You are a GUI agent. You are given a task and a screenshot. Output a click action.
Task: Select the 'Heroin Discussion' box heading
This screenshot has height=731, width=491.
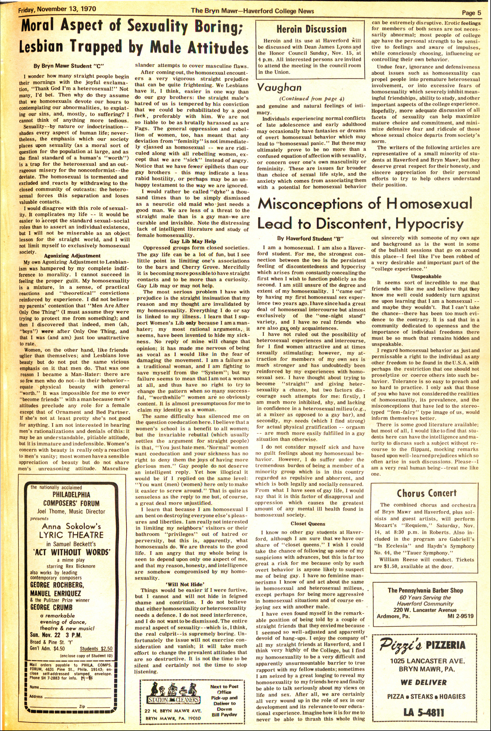[311, 29]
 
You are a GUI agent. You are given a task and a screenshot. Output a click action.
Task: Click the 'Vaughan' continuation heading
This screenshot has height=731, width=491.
[279, 88]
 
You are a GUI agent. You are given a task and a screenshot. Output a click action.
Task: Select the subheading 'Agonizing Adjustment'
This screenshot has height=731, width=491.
[72, 256]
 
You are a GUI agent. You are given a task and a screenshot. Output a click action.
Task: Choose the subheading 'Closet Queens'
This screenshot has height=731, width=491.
[308, 524]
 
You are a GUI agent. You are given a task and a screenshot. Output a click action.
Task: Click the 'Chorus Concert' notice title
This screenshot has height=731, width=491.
[427, 493]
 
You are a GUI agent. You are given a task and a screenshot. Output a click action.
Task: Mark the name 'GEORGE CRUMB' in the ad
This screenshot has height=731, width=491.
[51, 607]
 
